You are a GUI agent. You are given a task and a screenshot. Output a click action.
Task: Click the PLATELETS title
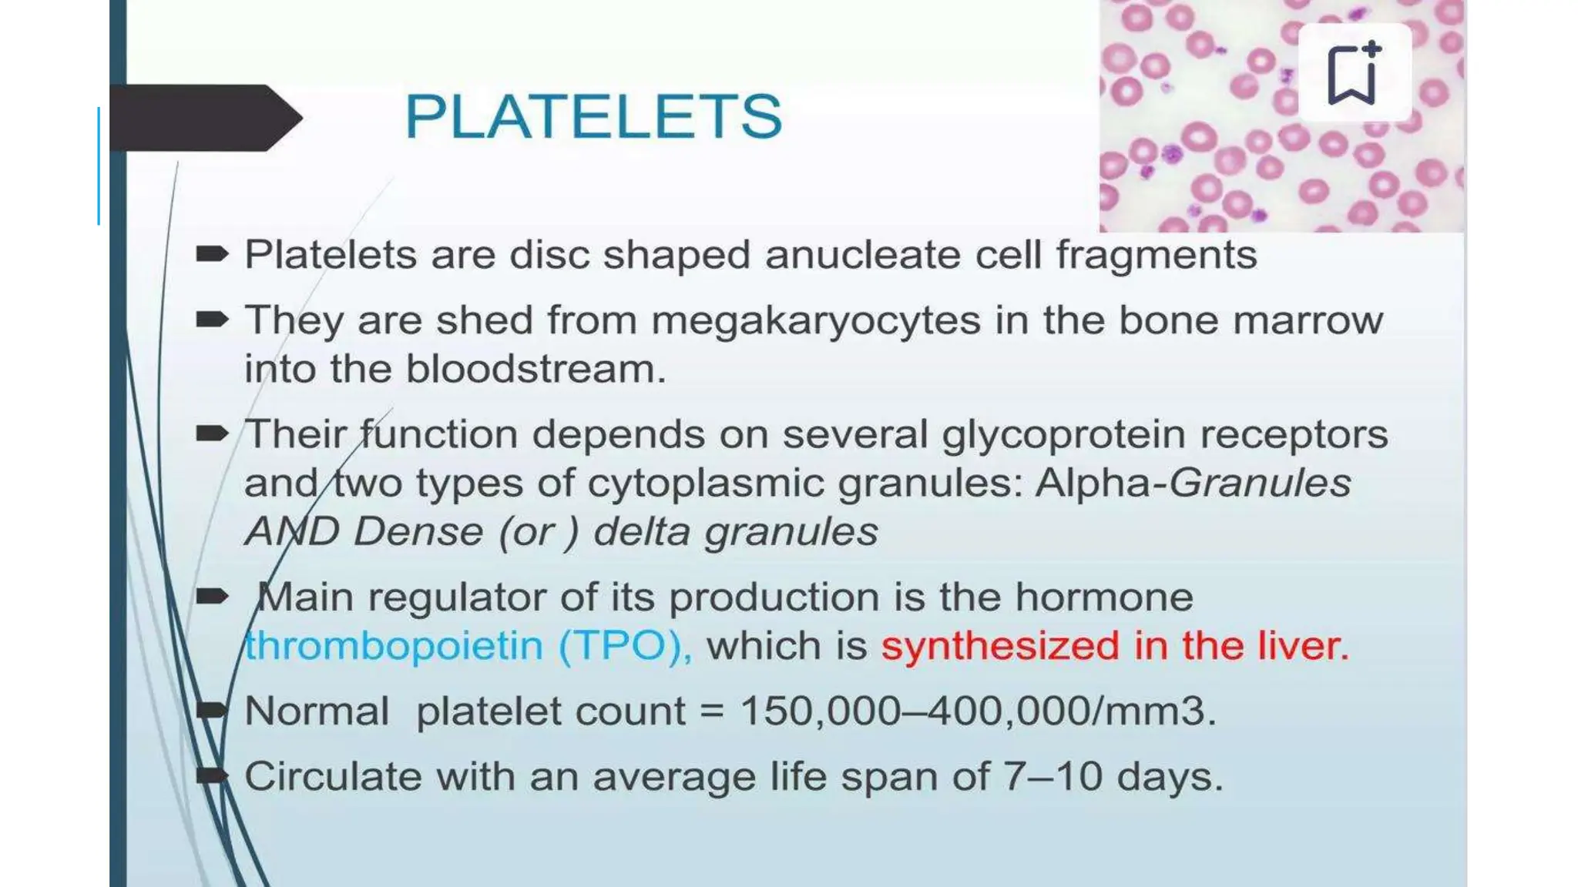pyautogui.click(x=593, y=116)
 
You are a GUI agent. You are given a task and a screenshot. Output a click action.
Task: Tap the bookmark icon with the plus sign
pyautogui.click(x=1354, y=72)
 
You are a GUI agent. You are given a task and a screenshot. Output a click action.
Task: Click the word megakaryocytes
pyautogui.click(x=816, y=320)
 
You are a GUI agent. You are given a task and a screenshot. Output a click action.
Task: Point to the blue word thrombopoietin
pyautogui.click(x=394, y=645)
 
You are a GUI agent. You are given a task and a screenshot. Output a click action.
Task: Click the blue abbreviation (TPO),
pyautogui.click(x=625, y=645)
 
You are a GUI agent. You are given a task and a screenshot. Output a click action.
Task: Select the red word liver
pyautogui.click(x=1303, y=645)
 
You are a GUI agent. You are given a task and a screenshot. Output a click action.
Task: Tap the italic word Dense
pyautogui.click(x=418, y=531)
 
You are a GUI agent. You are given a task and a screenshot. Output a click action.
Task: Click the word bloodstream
pyautogui.click(x=536, y=369)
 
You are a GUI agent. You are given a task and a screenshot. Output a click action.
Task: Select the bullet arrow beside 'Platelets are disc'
pyautogui.click(x=212, y=254)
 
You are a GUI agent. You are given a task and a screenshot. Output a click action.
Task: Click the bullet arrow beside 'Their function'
pyautogui.click(x=212, y=433)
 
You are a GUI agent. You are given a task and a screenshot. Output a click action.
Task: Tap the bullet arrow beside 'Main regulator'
pyautogui.click(x=212, y=596)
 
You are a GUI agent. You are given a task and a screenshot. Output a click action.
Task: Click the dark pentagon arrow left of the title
pyautogui.click(x=206, y=118)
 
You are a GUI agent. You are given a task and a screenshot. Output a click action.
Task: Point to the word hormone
pyautogui.click(x=1104, y=597)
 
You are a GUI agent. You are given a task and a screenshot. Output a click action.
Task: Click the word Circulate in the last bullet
pyautogui.click(x=333, y=776)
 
